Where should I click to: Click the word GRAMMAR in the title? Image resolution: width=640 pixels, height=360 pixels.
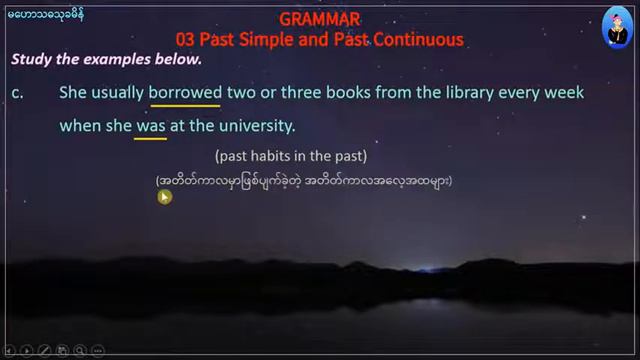320,19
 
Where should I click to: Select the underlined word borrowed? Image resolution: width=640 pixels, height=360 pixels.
185,93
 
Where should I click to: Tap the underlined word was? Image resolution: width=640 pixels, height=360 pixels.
150,127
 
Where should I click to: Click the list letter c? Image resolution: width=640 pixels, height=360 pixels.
18,93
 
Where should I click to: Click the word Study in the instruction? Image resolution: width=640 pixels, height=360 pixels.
31,59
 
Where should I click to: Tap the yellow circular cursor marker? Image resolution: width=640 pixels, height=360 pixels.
165,197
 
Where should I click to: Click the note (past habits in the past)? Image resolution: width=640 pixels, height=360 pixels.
291,157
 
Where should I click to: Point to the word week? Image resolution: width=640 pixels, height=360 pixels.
565,93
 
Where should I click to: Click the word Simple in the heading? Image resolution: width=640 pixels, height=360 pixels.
275,40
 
